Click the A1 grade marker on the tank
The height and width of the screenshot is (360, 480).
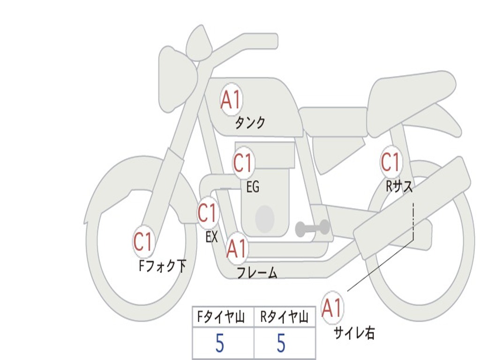(231, 100)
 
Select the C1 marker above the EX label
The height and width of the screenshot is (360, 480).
(208, 213)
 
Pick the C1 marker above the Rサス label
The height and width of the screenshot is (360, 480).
(390, 162)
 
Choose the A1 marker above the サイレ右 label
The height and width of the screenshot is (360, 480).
(332, 308)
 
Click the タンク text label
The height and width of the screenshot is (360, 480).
(250, 123)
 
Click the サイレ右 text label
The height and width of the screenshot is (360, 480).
(354, 333)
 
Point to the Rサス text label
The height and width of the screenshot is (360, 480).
(399, 187)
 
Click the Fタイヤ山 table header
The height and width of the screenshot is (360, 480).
(221, 318)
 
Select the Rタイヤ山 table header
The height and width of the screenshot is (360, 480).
(284, 318)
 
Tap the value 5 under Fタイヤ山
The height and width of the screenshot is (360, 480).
(220, 344)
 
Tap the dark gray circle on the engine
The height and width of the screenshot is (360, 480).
(265, 218)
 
